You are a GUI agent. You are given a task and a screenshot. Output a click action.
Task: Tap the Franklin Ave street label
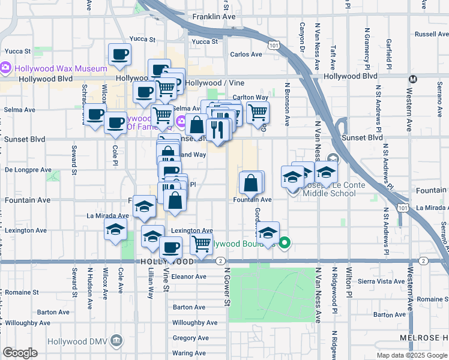pyautogui.click(x=214, y=17)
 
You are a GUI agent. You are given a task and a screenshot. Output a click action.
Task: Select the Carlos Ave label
pyautogui.click(x=246, y=55)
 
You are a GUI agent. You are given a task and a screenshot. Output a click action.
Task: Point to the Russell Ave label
pyautogui.click(x=430, y=35)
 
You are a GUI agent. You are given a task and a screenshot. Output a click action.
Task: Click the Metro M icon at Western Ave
pyautogui.click(x=413, y=79)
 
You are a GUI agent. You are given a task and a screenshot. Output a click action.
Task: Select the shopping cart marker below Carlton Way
pyautogui.click(x=258, y=112)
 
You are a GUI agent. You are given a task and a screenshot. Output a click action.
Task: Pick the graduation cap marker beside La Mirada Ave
pyautogui.click(x=144, y=207)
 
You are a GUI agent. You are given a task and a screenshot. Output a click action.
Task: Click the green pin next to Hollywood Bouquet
pyautogui.click(x=285, y=244)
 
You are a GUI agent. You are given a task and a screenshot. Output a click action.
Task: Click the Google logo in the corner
pyautogui.click(x=20, y=353)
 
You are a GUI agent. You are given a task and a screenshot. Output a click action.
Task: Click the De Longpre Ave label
pyautogui.click(x=26, y=170)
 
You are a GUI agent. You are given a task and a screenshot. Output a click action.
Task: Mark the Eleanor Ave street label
pyautogui.click(x=188, y=277)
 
